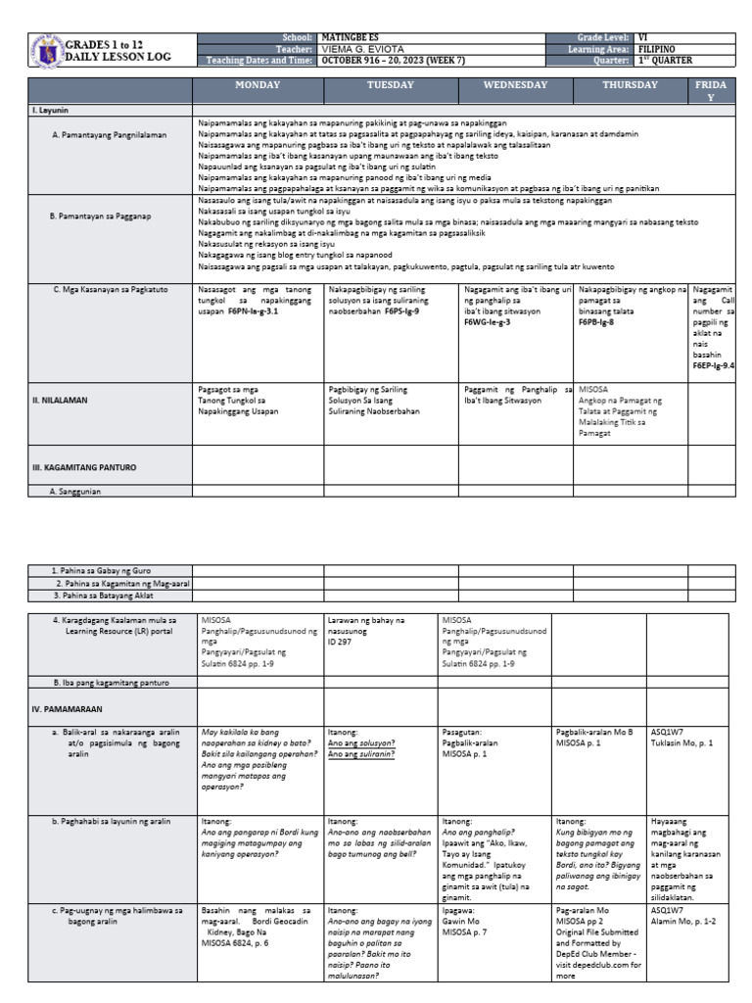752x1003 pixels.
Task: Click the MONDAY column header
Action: point(258,85)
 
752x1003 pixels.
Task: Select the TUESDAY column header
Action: point(391,85)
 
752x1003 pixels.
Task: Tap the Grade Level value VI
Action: point(642,36)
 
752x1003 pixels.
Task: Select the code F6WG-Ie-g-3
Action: point(488,319)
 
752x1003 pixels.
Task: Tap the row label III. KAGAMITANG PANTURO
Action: point(81,468)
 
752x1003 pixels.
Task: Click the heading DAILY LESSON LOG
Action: point(118,58)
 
